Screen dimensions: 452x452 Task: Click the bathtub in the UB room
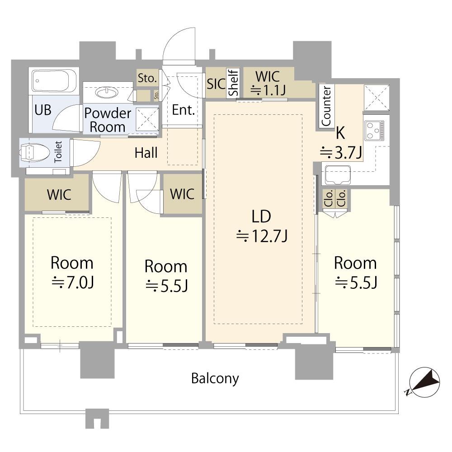[x=54, y=81]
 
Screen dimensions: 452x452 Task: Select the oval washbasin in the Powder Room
[x=107, y=93]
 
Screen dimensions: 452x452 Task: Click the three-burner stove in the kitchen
[x=374, y=131]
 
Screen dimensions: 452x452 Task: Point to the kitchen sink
[x=338, y=174]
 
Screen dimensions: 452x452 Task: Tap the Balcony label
[x=215, y=378]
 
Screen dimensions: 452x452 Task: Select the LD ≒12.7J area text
[x=261, y=226]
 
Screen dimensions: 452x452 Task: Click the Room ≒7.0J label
[x=72, y=273]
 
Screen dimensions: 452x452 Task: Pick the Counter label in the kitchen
[x=326, y=106]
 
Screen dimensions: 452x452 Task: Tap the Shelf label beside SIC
[x=233, y=82]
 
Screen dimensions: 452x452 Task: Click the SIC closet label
[x=216, y=84]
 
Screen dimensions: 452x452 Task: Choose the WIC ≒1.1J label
[x=268, y=83]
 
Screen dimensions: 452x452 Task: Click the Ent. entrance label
[x=184, y=110]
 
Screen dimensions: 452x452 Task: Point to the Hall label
[x=146, y=153]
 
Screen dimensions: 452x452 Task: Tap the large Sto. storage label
[x=147, y=78]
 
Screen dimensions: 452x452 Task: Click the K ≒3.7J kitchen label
[x=341, y=143]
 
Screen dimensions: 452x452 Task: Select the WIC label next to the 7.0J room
[x=59, y=195]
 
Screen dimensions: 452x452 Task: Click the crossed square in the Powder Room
[x=147, y=119]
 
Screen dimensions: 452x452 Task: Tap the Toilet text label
[x=58, y=151]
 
